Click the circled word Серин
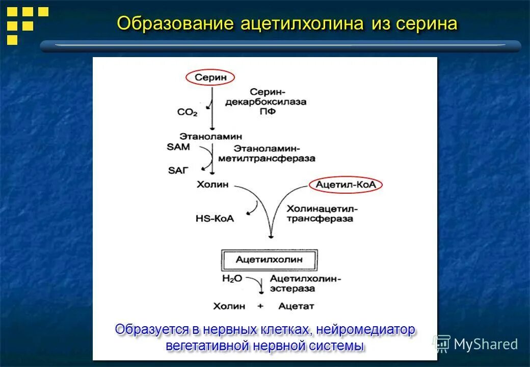tap(210, 77)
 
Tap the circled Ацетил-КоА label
tap(346, 185)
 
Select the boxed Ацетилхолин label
tap(269, 259)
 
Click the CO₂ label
tap(187, 112)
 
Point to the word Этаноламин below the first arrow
tap(211, 137)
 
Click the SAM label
tap(178, 146)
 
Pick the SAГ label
tap(178, 170)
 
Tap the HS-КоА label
tap(215, 218)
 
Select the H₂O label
tap(232, 278)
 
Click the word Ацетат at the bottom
tap(297, 306)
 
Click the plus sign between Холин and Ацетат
tap(261, 306)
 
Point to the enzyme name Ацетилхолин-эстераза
tap(305, 283)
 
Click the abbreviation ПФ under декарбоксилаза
tap(270, 111)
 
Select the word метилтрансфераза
tap(267, 159)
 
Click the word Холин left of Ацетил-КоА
tap(213, 185)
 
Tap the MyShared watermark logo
tap(476, 344)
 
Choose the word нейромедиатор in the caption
tap(365, 329)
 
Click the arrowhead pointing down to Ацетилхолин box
tap(271, 235)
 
